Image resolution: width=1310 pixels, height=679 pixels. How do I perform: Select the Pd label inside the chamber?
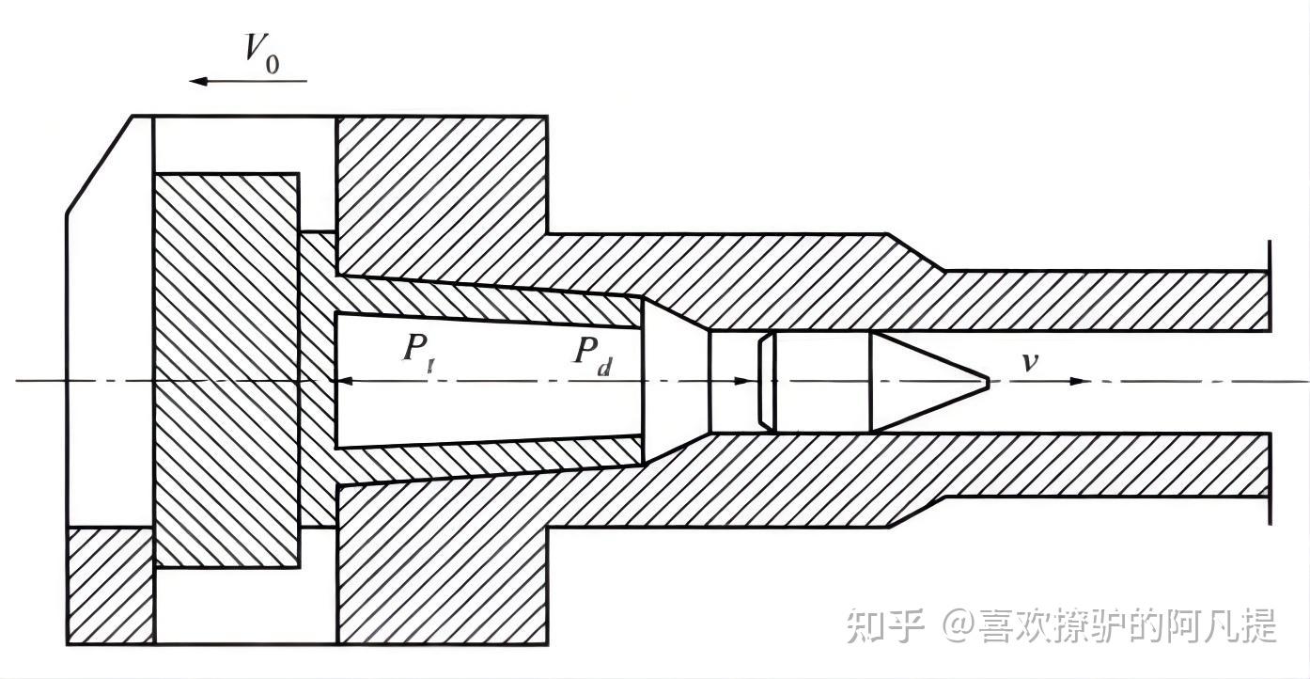coord(593,354)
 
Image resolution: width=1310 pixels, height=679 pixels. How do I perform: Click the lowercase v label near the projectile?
coord(1030,361)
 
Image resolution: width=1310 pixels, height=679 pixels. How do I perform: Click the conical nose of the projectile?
coord(926,381)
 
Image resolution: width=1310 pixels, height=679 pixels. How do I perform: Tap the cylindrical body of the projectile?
coord(822,381)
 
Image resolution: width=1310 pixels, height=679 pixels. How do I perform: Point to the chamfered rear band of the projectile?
coord(767,381)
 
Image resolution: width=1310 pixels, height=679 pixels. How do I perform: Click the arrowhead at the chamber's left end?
coord(343,381)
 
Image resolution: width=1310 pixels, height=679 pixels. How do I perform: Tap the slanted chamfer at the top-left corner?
coord(98,166)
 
